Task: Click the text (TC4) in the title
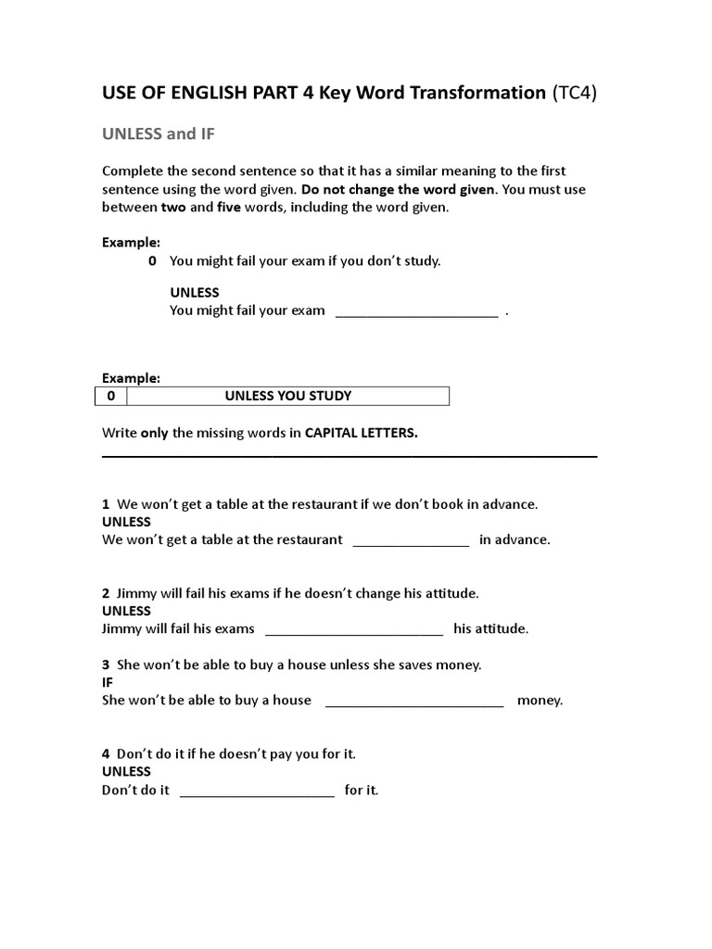574,93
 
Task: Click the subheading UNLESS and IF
158,134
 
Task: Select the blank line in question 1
411,541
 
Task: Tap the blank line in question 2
354,630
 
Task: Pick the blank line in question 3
414,702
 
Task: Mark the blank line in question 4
257,791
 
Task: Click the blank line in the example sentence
416,312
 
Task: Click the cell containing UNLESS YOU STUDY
287,397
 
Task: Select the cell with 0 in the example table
111,397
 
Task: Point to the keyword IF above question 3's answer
108,682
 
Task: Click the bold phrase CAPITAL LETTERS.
362,434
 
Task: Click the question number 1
106,504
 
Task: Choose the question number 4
106,754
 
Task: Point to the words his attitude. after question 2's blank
490,629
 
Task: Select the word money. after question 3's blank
540,701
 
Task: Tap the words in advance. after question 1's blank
515,540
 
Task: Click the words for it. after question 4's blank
362,791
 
